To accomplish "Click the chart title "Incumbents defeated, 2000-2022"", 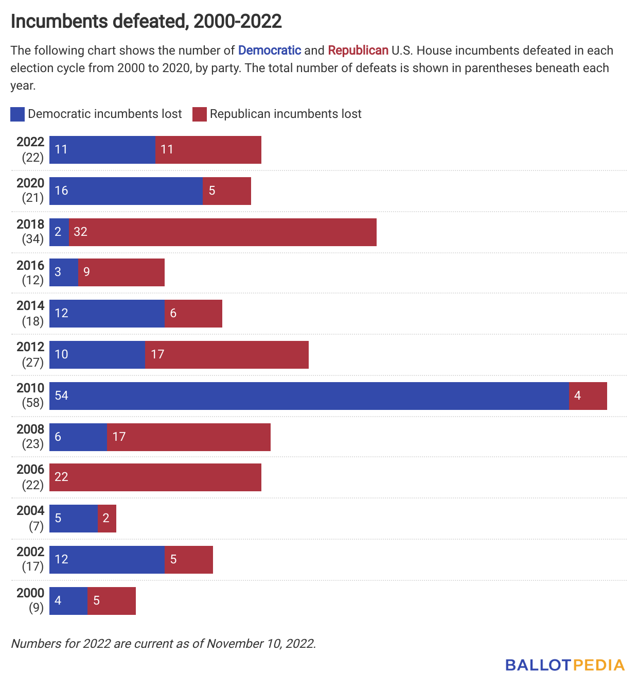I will point(146,21).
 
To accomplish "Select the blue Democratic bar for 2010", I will point(309,396).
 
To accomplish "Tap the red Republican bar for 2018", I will point(222,232).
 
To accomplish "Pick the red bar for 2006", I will point(155,477).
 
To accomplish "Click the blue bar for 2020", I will point(126,191).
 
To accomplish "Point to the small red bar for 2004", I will point(107,519).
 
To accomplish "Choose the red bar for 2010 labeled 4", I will point(588,396).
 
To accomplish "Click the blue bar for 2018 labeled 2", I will point(59,232).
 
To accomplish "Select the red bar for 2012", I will point(226,355).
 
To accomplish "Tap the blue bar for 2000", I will point(68,601).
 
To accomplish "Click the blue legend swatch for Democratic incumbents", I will point(17,114).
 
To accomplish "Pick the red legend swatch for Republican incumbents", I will point(200,114).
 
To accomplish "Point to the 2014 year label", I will point(30,306).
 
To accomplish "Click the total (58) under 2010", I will point(32,403).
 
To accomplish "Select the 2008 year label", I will point(30,429).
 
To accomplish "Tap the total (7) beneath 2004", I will point(36,526).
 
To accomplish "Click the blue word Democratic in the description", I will point(270,50).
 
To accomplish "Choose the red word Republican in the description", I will point(358,50).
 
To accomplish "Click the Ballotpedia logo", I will point(564,665).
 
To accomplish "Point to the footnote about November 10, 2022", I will point(164,644).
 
